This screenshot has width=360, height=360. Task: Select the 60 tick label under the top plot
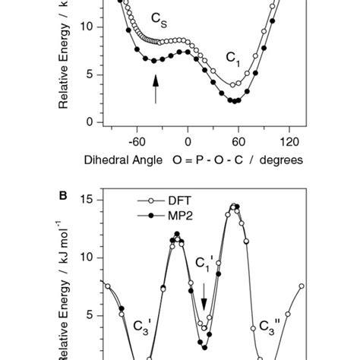238,141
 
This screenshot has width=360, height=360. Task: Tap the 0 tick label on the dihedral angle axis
188,141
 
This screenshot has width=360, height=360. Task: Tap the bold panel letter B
63,194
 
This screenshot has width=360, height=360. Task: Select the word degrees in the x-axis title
279,159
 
